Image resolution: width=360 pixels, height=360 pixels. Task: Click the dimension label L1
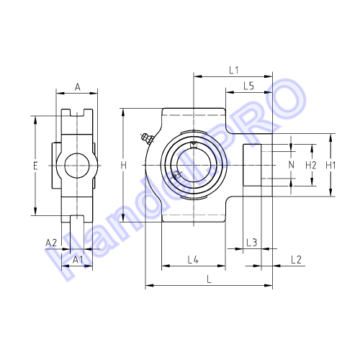click(233, 71)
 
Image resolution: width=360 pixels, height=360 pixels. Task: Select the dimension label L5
click(248, 86)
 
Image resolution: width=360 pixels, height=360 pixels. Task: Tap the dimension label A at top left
click(77, 87)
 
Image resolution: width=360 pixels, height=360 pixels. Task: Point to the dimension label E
click(35, 166)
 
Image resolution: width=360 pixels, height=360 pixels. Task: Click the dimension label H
click(124, 166)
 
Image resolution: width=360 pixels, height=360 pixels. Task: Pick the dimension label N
click(291, 165)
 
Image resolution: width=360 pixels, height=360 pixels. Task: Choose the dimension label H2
click(311, 165)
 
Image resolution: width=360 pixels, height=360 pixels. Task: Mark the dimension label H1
click(330, 165)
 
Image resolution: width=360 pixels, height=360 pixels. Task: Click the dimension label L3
click(252, 243)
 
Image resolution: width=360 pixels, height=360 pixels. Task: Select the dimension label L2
click(296, 260)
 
